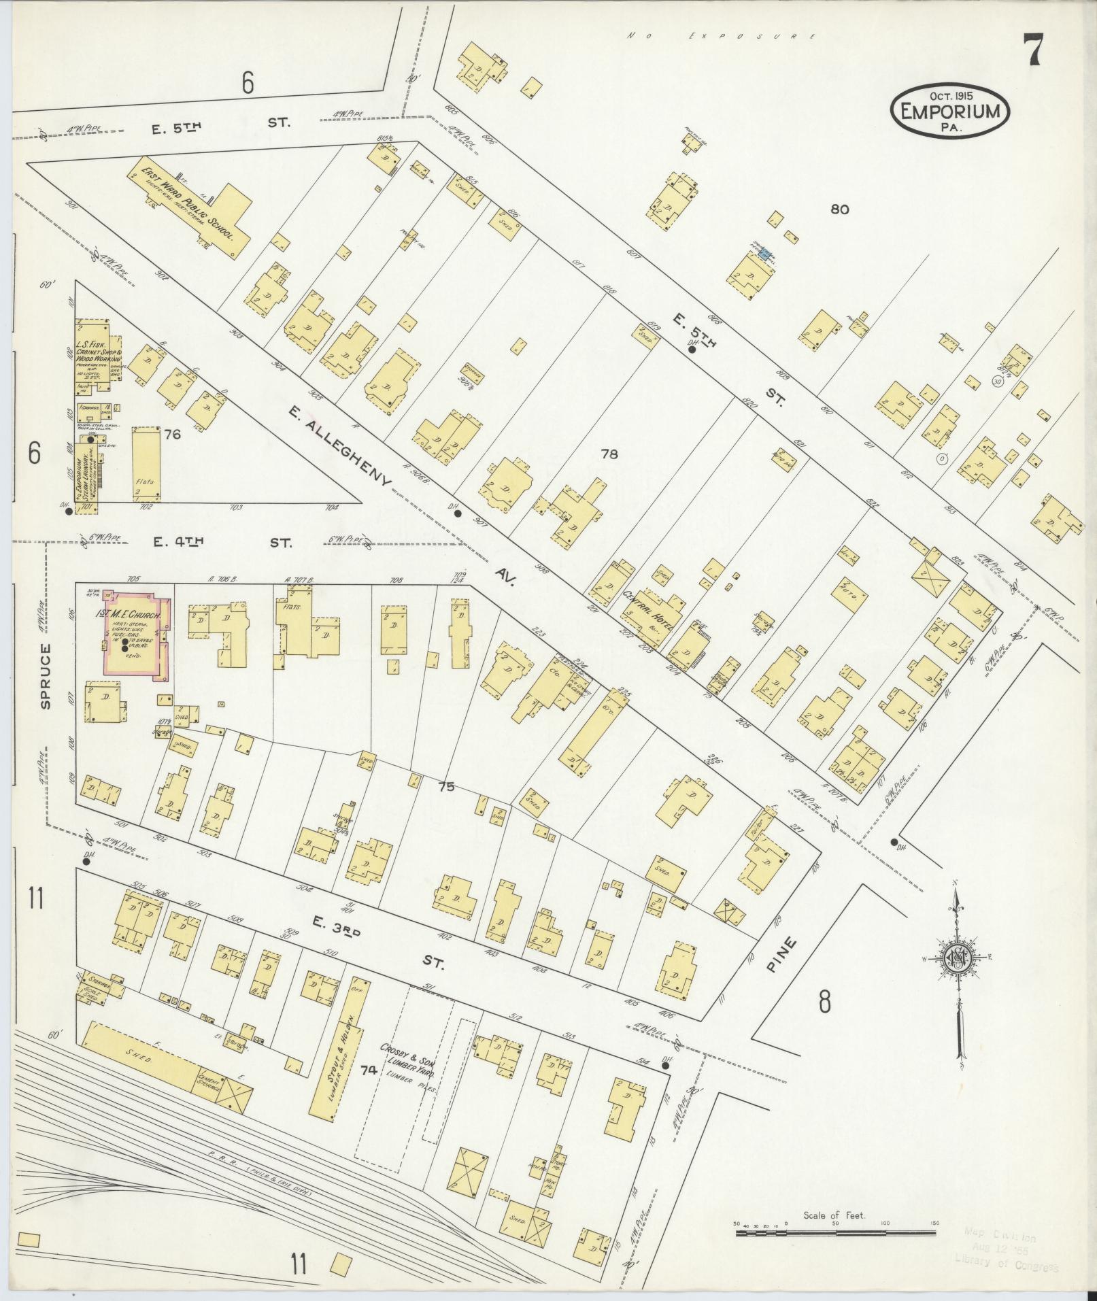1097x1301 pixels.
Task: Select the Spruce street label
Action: coord(46,677)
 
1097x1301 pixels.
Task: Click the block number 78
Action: coord(609,454)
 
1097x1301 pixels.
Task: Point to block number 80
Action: coord(839,209)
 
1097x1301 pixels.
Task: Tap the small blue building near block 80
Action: coord(765,254)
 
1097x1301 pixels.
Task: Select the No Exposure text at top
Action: coord(721,35)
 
